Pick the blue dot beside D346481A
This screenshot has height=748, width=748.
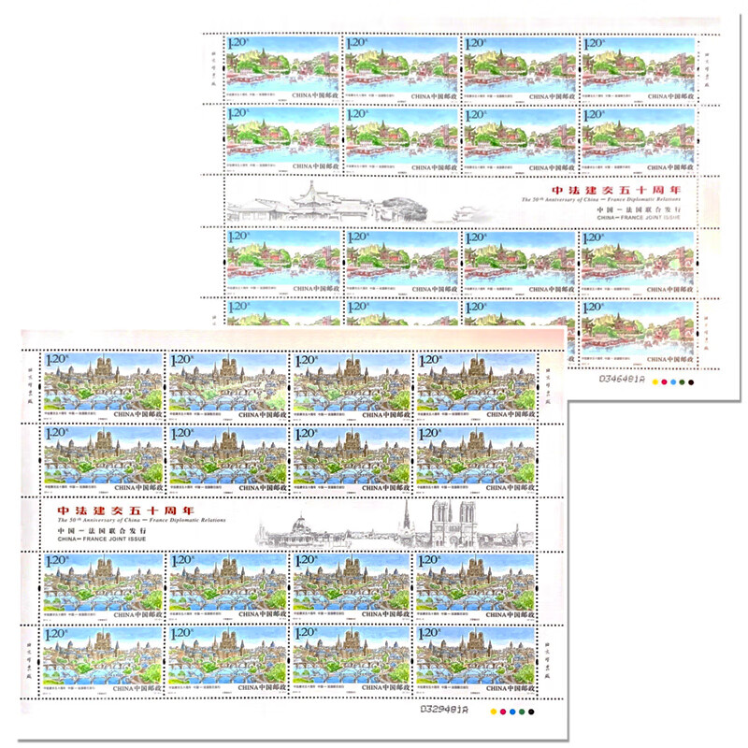tap(677, 381)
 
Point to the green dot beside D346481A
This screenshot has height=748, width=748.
tap(687, 381)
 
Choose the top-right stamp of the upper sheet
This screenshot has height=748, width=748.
tap(640, 67)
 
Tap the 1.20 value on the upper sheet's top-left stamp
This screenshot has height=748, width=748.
tap(240, 43)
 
